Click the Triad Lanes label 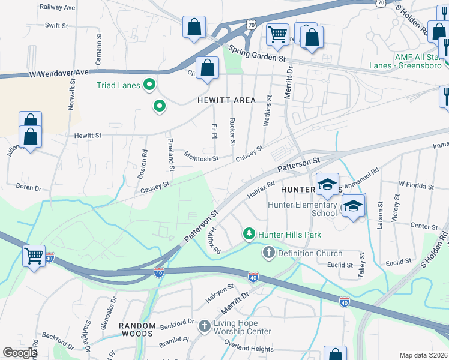118,85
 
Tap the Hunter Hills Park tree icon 247,233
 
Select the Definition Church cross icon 268,253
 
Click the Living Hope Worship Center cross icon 204,326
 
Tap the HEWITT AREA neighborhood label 226,100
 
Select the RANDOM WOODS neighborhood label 137,326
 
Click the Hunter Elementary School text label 303,209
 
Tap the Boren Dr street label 28,187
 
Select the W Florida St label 415,185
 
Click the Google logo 20,353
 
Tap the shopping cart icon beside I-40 34,256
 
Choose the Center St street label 424,226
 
